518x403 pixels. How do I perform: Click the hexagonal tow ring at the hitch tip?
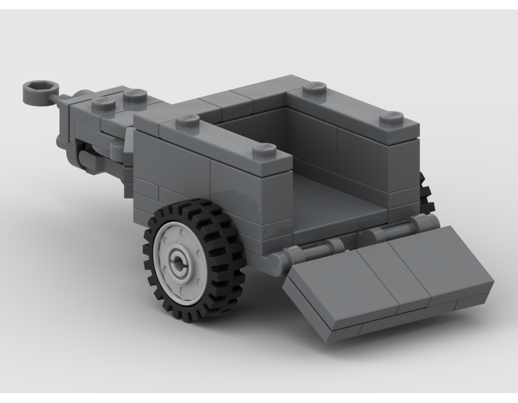tap(38, 92)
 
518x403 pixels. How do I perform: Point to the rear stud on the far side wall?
tap(392, 117)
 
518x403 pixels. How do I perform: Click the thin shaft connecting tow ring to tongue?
tap(61, 97)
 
